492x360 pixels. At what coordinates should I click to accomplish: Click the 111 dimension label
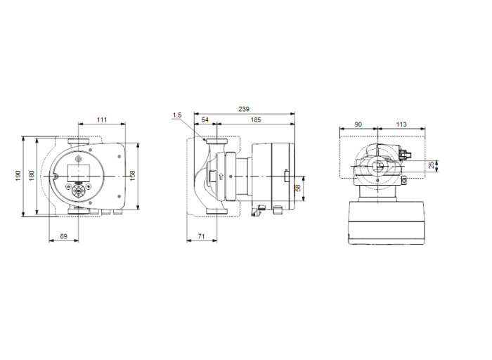[x=102, y=121]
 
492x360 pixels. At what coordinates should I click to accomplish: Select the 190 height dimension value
[x=18, y=175]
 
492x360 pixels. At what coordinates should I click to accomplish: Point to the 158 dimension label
[x=132, y=175]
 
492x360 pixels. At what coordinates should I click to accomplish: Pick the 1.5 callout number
[x=176, y=114]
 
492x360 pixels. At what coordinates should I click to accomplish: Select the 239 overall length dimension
[x=243, y=109]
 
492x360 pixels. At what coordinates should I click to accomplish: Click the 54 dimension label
[x=205, y=121]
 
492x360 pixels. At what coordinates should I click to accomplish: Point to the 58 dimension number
[x=298, y=188]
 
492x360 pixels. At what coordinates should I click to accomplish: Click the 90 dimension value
[x=358, y=124]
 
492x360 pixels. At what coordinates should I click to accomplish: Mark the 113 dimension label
[x=401, y=124]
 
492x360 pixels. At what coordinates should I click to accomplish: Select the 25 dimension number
[x=431, y=166]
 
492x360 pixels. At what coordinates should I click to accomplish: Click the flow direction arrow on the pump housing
[x=221, y=176]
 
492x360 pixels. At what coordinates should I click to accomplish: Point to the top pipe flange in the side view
[x=216, y=145]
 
